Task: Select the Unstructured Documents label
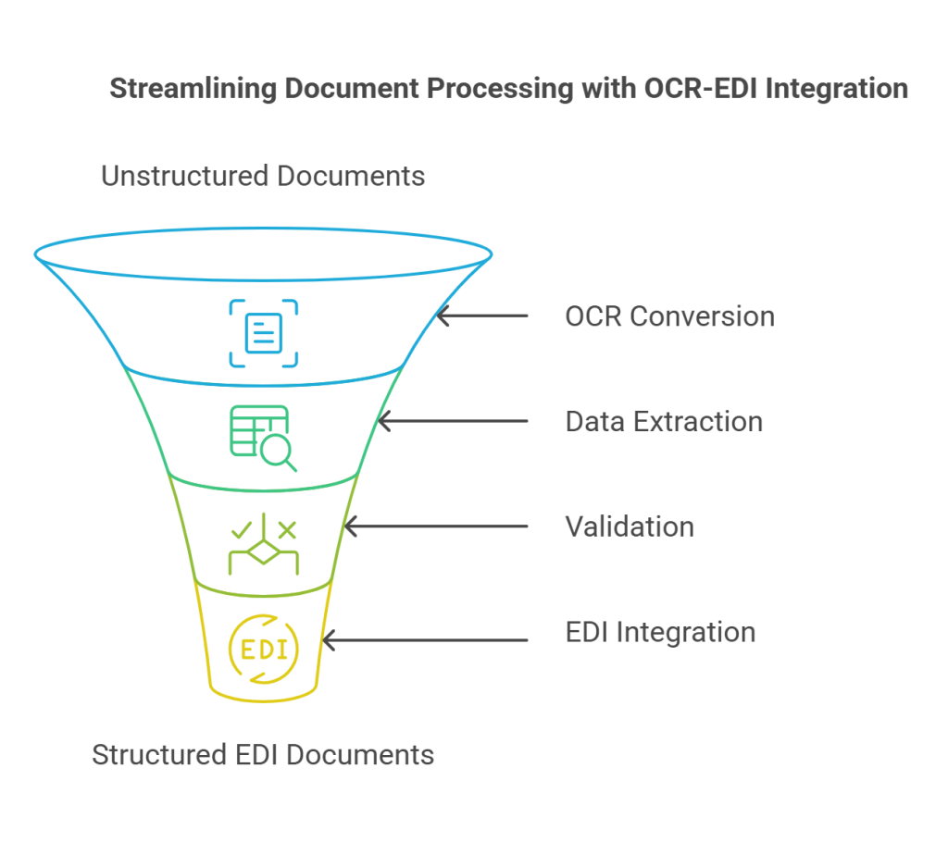click(x=263, y=176)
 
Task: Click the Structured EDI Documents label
click(x=263, y=755)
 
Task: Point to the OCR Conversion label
click(x=669, y=316)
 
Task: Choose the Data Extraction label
click(x=664, y=422)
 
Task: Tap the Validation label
click(x=630, y=526)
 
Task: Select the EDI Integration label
click(x=660, y=632)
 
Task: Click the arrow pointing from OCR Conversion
click(x=481, y=316)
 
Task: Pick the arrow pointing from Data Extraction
click(x=453, y=422)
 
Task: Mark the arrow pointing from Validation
click(x=434, y=526)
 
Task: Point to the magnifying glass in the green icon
click(x=277, y=452)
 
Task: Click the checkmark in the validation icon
click(x=241, y=530)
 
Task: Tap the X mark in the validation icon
click(x=287, y=530)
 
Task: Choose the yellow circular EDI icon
click(x=264, y=649)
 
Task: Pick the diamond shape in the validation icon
click(x=264, y=554)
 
